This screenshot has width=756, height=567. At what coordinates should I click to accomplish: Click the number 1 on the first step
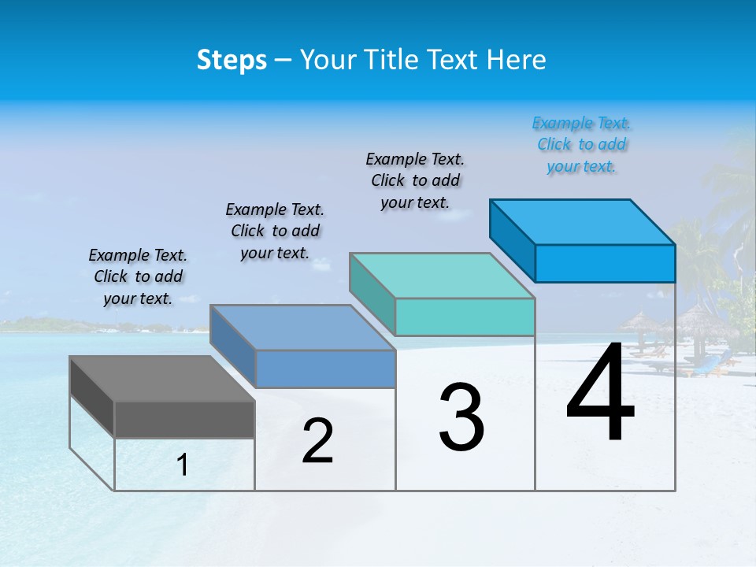tap(183, 465)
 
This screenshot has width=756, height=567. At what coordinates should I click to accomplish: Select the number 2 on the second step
tap(317, 441)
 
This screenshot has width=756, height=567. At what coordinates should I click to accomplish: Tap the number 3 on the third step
tap(461, 417)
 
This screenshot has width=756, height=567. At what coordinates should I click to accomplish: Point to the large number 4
tap(600, 393)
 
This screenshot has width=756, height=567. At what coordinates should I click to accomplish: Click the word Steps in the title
tap(232, 60)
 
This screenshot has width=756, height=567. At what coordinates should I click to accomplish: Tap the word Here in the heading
tap(517, 60)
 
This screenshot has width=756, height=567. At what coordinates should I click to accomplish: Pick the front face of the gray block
tap(184, 420)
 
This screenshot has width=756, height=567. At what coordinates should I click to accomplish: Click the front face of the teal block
tap(465, 317)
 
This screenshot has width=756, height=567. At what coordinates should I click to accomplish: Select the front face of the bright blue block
tap(605, 263)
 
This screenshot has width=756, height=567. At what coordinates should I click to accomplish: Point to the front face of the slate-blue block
tap(325, 369)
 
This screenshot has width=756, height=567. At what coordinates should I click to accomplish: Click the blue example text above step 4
tap(581, 145)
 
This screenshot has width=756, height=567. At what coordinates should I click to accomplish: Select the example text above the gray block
tap(138, 276)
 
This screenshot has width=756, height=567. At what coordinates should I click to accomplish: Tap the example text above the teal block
tap(415, 180)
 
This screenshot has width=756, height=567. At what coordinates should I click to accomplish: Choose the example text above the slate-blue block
tap(275, 231)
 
